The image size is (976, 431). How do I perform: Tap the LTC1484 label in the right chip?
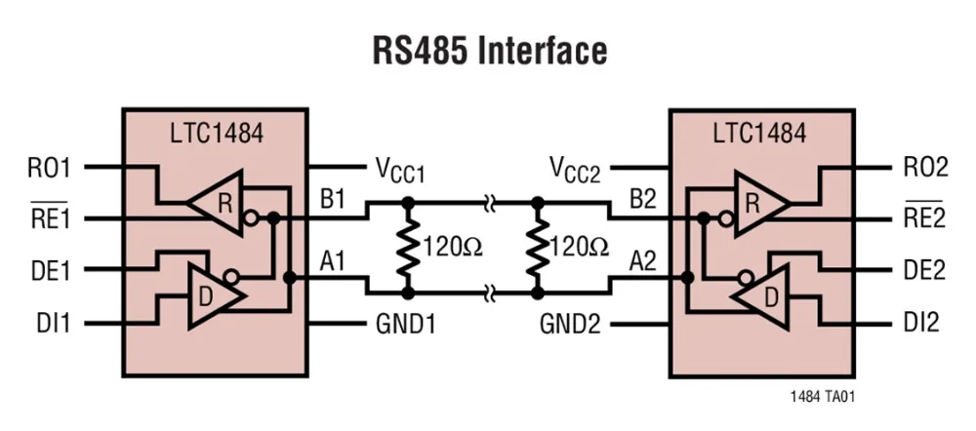[x=758, y=133]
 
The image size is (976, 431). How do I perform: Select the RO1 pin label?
[x=50, y=168]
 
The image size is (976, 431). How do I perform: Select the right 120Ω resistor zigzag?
[x=536, y=248]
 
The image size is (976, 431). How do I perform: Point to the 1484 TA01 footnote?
[x=824, y=397]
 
